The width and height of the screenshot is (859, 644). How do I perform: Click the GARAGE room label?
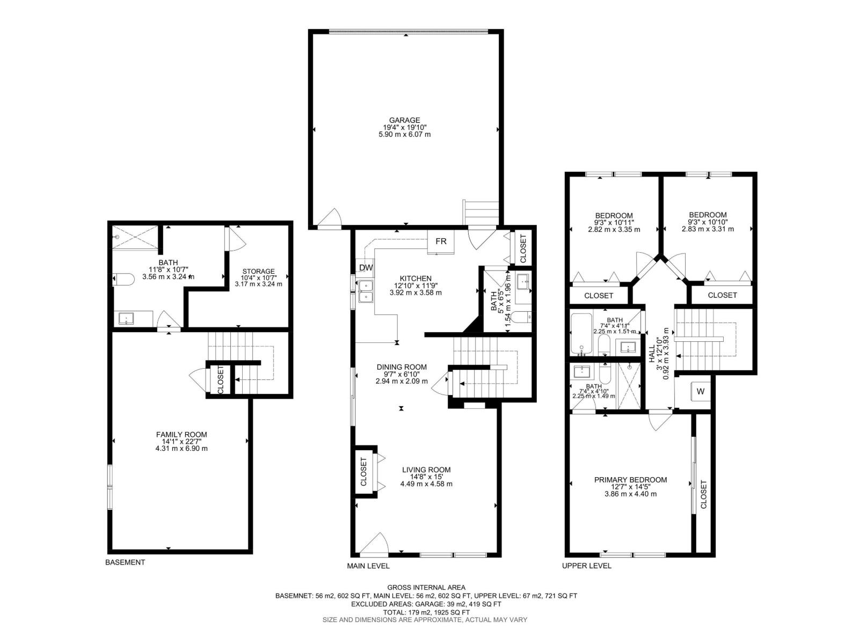(x=405, y=120)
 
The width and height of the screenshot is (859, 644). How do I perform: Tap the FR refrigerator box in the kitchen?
(x=441, y=241)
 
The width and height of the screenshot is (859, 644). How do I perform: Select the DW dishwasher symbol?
(x=366, y=268)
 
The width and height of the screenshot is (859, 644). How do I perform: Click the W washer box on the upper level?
(x=700, y=391)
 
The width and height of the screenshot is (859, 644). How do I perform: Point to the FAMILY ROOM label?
(x=181, y=435)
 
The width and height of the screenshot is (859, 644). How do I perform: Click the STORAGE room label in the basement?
(x=258, y=272)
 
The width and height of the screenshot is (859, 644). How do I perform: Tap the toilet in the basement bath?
(x=123, y=279)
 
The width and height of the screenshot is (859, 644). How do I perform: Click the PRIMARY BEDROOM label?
(x=630, y=480)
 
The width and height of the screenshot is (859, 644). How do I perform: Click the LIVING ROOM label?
(x=426, y=470)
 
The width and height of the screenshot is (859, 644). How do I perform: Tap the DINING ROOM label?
(x=402, y=367)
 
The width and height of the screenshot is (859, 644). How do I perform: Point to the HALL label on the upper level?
(x=652, y=354)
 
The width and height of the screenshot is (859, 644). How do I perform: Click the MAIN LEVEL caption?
(x=368, y=566)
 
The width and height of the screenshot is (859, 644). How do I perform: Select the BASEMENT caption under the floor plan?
(x=125, y=562)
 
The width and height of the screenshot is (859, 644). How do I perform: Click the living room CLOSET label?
(x=364, y=472)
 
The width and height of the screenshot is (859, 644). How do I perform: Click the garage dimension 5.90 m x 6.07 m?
(x=405, y=135)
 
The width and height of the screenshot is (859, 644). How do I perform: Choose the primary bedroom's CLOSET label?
(x=703, y=495)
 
